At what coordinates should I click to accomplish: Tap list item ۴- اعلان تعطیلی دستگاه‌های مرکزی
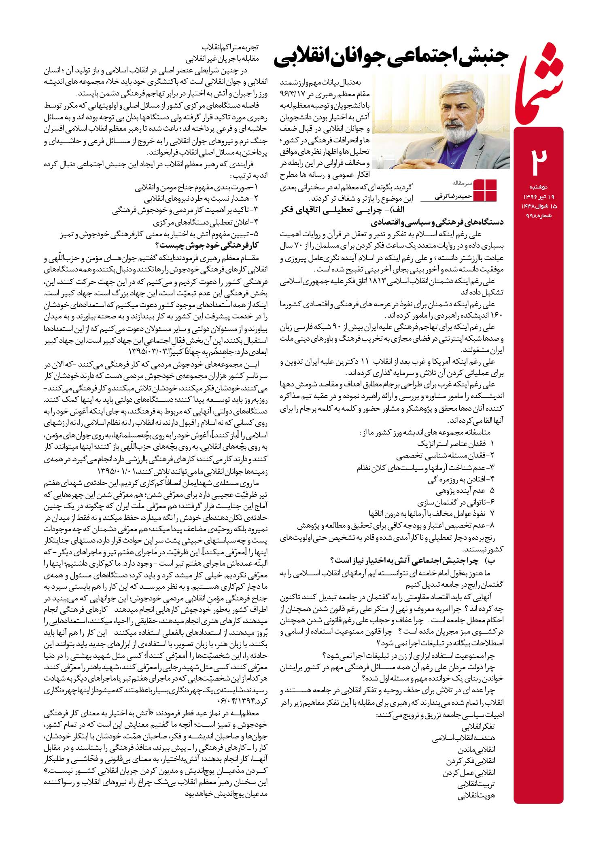click(x=206, y=222)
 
